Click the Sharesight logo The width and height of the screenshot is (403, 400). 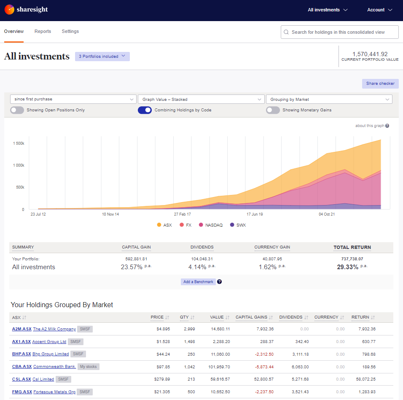(27, 10)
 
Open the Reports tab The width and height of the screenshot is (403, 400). (43, 32)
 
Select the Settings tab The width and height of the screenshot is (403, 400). (70, 32)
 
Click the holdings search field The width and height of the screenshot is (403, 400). (339, 32)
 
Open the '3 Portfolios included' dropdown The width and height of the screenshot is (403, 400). (102, 57)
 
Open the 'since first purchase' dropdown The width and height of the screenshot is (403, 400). (73, 100)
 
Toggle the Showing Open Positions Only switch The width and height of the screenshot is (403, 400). (17, 110)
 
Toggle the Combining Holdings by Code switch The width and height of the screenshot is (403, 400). (145, 110)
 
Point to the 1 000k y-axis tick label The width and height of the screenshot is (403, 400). (18, 165)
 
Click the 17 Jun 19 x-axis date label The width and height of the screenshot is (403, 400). (255, 214)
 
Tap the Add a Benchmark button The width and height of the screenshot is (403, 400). (198, 282)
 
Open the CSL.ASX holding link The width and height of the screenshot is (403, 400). (21, 379)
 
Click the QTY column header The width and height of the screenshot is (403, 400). (184, 317)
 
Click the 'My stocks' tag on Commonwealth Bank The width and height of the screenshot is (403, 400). (89, 367)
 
